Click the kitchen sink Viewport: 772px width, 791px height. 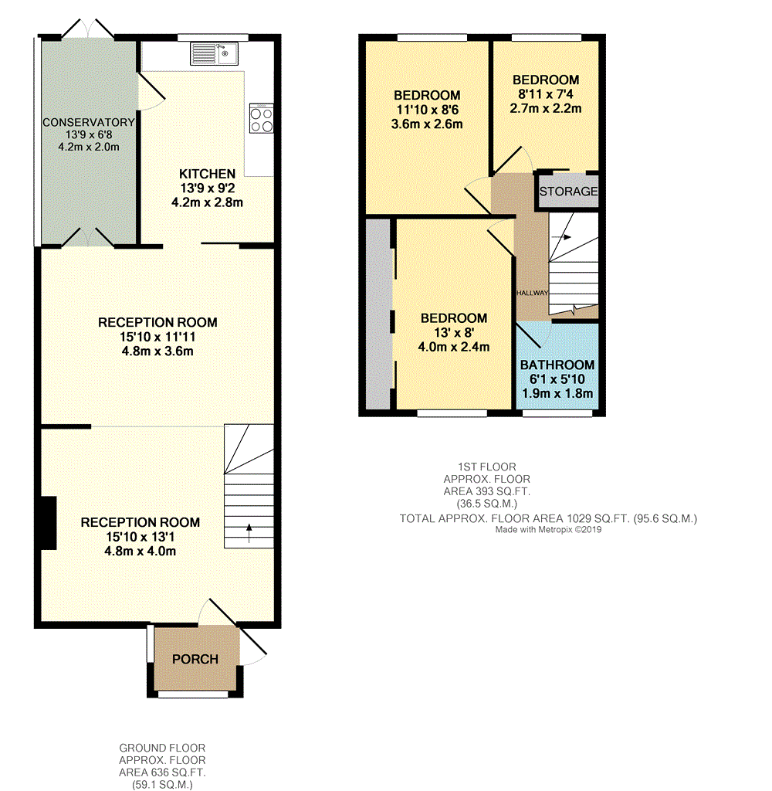tap(214, 53)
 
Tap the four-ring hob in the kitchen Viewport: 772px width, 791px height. tap(261, 118)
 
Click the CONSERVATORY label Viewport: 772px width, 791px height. tap(89, 122)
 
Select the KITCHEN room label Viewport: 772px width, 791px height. tap(207, 174)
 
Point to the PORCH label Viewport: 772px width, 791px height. tap(195, 660)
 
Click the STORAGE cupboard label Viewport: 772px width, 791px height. tap(568, 192)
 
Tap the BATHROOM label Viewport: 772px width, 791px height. tap(557, 365)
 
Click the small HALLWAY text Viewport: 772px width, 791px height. tap(532, 293)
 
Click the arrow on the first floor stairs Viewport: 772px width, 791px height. tap(560, 237)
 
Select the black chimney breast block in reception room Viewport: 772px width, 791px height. tap(49, 523)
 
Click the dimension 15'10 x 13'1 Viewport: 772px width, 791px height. tap(141, 537)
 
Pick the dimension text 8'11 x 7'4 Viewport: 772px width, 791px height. tap(546, 94)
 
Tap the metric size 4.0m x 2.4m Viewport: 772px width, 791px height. tap(454, 347)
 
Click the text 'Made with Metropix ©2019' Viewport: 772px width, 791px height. tap(548, 530)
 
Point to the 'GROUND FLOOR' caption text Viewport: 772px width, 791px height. tap(162, 748)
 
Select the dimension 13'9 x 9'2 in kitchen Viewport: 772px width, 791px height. tap(207, 188)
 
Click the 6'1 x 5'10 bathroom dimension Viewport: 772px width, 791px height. tap(557, 379)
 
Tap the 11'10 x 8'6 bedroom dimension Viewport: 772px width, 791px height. tap(427, 110)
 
